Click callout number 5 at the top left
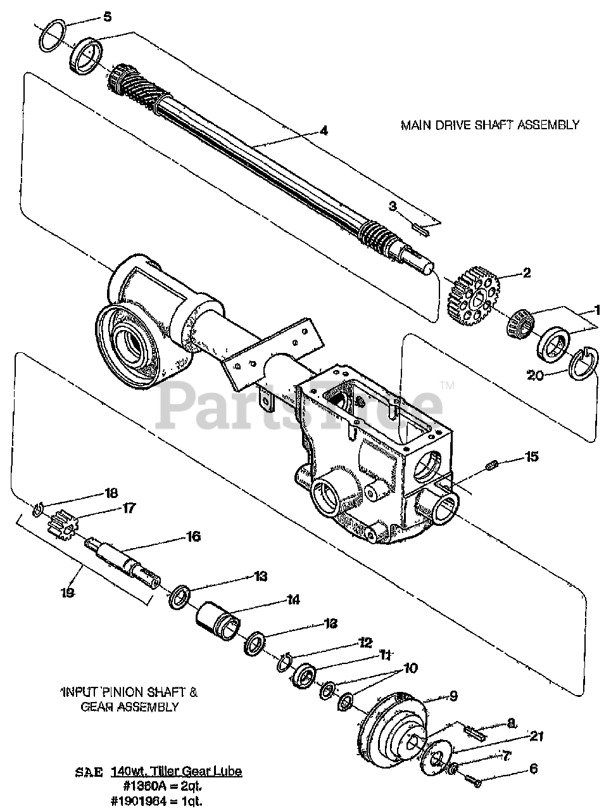(108, 16)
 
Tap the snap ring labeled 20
(582, 366)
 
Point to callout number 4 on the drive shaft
(324, 131)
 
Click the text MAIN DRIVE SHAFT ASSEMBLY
(489, 125)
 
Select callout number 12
(364, 642)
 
